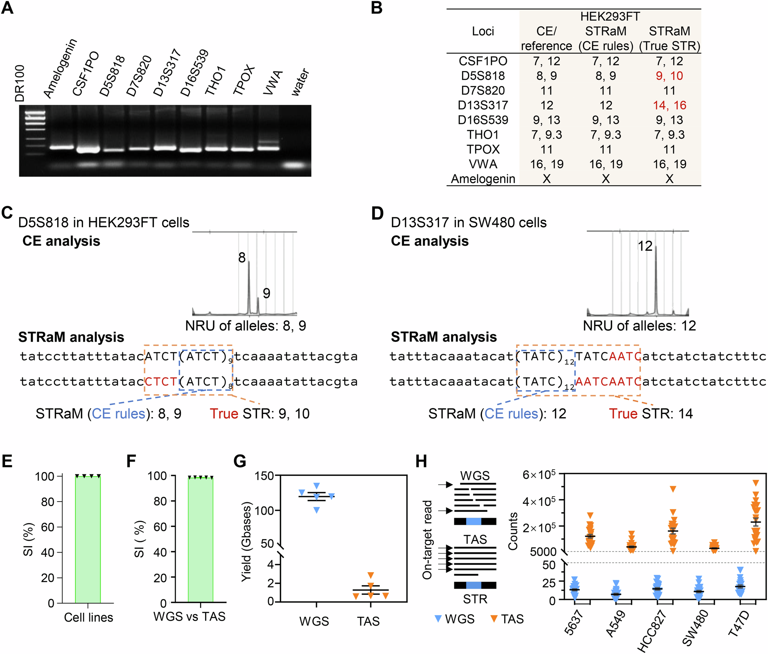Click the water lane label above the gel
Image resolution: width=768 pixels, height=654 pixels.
tap(300, 82)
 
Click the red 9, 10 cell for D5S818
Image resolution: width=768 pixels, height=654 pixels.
tap(669, 76)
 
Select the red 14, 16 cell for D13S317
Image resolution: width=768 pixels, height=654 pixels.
tap(669, 105)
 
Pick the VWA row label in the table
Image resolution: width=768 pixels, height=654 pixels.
tap(483, 164)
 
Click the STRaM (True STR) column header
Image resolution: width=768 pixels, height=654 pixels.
tap(669, 38)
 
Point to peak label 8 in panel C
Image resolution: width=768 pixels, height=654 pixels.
tap(242, 258)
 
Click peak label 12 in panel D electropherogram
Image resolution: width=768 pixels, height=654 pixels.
tap(645, 246)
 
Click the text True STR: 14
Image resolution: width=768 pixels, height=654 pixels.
tap(651, 414)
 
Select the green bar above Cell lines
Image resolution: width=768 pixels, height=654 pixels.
tap(88, 540)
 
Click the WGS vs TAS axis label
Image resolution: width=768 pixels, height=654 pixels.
tap(189, 616)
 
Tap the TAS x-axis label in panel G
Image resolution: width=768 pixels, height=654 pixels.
tap(368, 621)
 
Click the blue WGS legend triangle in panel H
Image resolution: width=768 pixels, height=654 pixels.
tap(439, 619)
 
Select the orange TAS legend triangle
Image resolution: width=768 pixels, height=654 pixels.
tap(494, 619)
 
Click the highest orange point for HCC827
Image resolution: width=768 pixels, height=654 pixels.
tap(673, 489)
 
